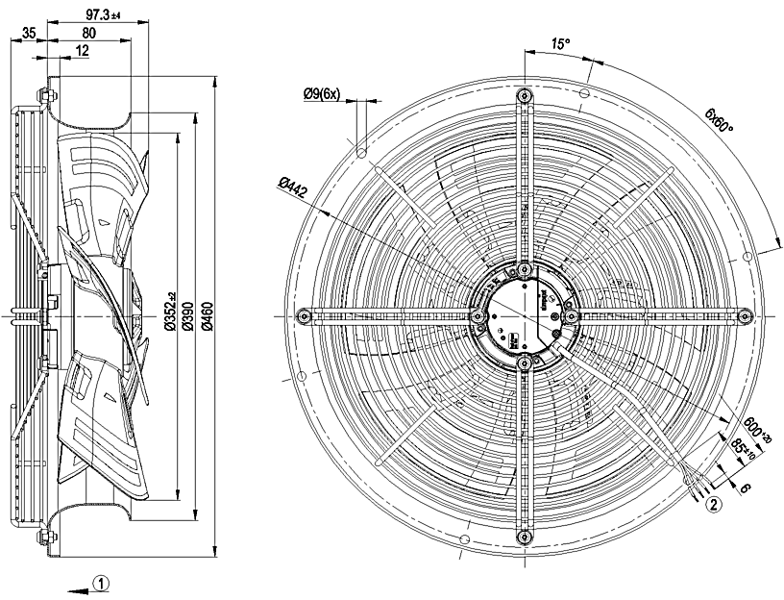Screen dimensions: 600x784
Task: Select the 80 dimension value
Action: pos(88,33)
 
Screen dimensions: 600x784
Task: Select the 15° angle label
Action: pos(560,44)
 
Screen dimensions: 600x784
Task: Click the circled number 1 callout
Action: pos(104,582)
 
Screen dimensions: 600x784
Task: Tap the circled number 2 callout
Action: pos(713,501)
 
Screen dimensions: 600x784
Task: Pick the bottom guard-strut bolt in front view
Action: pos(524,537)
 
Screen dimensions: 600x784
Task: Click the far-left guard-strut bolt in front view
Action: pos(304,315)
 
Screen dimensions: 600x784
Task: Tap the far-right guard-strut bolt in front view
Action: pos(744,314)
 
